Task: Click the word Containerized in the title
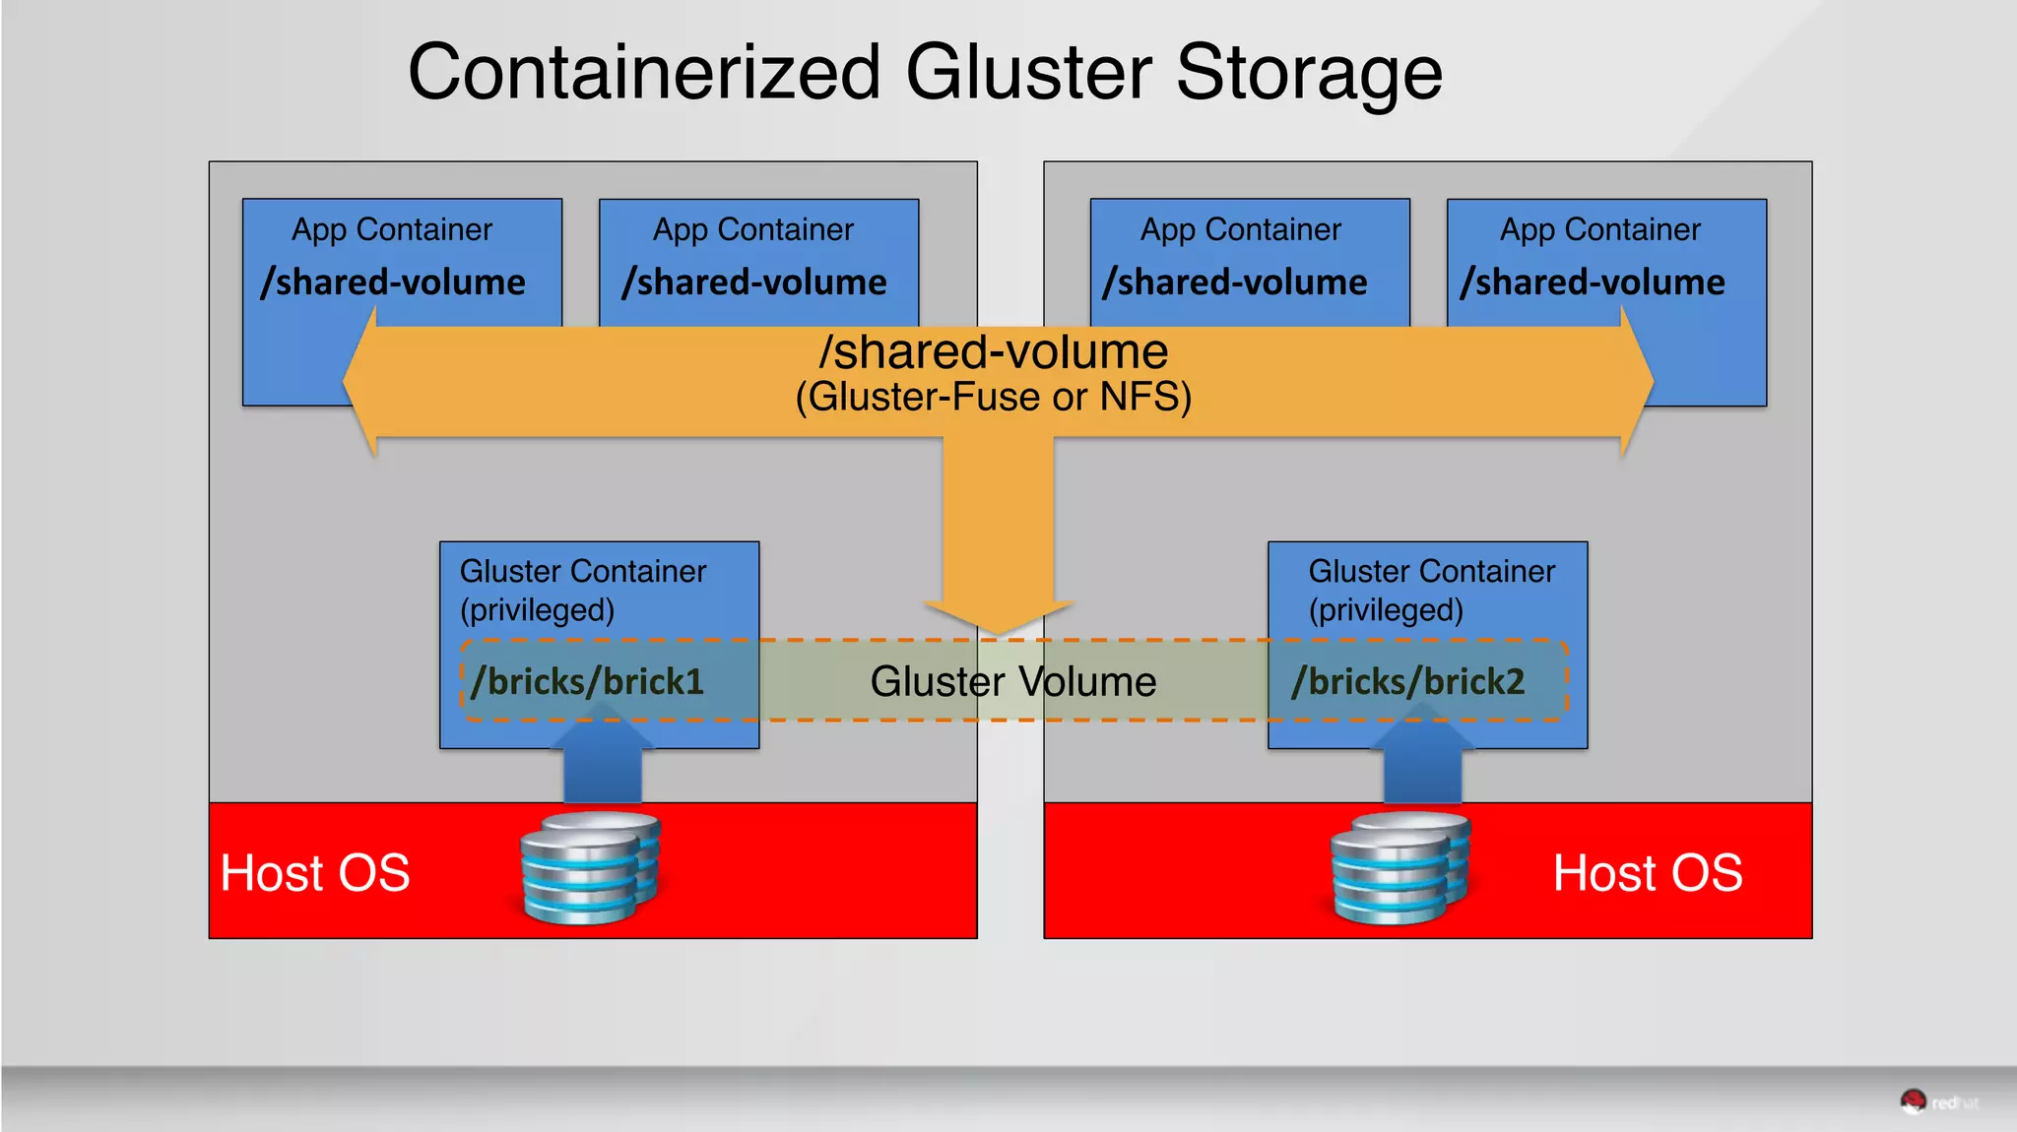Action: [644, 73]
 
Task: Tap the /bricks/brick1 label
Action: [588, 681]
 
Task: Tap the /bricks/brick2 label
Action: [1408, 681]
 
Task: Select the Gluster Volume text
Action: [1012, 681]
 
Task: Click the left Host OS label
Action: [315, 873]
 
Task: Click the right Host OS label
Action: [1647, 873]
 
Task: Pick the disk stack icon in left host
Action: [589, 868]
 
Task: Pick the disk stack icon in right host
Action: [1399, 868]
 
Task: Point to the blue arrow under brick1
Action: [603, 763]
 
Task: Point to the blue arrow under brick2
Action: [1422, 763]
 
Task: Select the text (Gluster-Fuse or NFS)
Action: [993, 398]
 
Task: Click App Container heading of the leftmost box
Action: [392, 229]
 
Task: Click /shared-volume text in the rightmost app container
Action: [1593, 283]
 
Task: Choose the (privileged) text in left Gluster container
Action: [537, 610]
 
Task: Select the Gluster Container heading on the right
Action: [1431, 571]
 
